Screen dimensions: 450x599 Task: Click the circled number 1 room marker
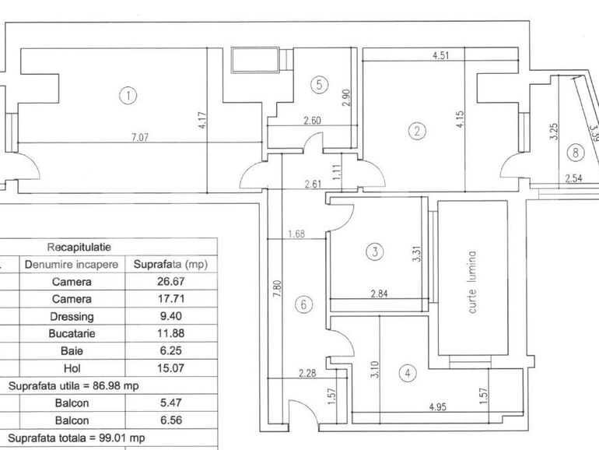[x=128, y=96]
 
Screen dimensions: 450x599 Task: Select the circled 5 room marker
[x=318, y=86]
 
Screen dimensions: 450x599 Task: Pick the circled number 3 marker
[x=375, y=251]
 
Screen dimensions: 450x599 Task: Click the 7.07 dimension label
[x=140, y=137]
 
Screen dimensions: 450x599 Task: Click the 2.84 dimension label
[x=379, y=293]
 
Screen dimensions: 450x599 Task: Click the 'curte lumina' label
[x=472, y=278]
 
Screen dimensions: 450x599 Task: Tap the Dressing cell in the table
[x=72, y=317]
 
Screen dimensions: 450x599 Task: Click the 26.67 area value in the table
[x=170, y=281]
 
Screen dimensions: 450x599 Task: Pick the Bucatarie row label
[x=72, y=334]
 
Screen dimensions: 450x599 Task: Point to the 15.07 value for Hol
[x=170, y=368]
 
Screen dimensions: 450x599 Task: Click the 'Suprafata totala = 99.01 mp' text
[x=76, y=438]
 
